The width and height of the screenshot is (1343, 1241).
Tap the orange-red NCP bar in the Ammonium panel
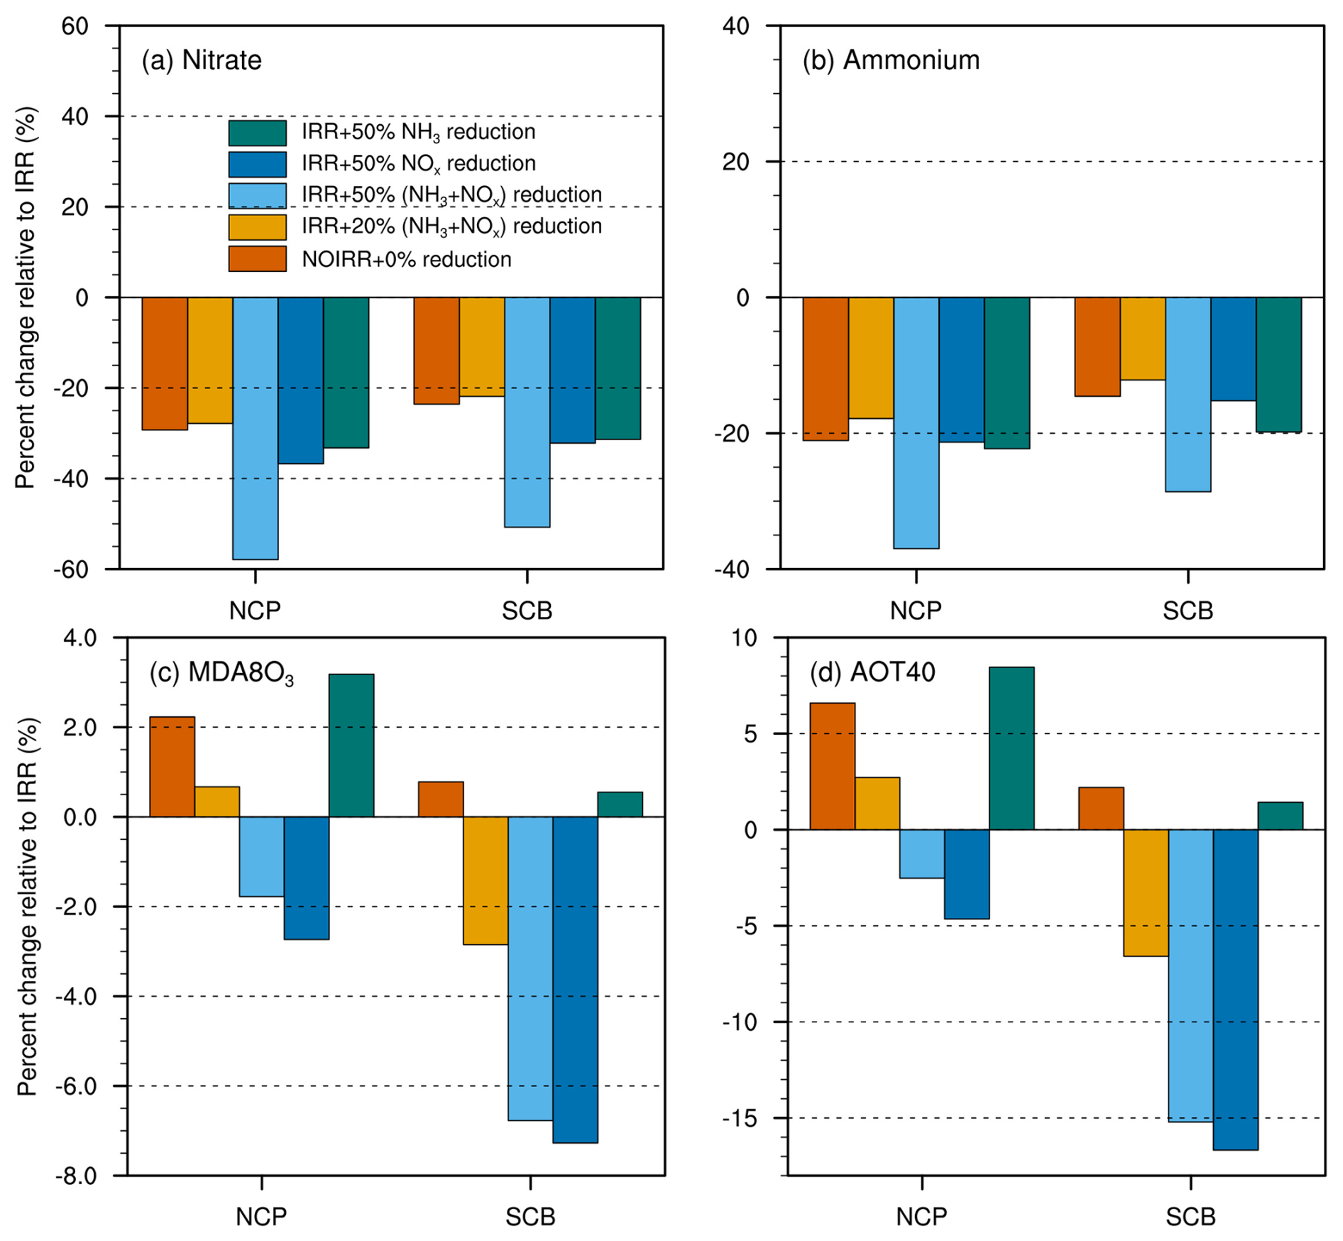pyautogui.click(x=825, y=368)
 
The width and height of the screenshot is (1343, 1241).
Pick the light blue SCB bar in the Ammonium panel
pyautogui.click(x=1188, y=394)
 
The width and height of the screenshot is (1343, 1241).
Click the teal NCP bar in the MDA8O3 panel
pyautogui.click(x=351, y=745)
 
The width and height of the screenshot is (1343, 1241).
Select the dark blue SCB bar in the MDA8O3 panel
pyautogui.click(x=575, y=979)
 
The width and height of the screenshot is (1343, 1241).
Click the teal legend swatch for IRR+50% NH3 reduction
pyautogui.click(x=257, y=133)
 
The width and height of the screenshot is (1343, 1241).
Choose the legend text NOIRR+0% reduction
pyautogui.click(x=406, y=259)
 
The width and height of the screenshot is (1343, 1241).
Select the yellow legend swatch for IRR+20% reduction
pyautogui.click(x=257, y=227)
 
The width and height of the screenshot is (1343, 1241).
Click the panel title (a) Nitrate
pyautogui.click(x=201, y=60)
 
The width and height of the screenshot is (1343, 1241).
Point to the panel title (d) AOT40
pyautogui.click(x=872, y=672)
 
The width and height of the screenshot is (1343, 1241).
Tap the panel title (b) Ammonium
pyautogui.click(x=890, y=60)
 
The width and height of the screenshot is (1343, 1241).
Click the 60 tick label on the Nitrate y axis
pyautogui.click(x=75, y=26)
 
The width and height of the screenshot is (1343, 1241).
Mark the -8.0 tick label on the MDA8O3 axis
pyautogui.click(x=77, y=1176)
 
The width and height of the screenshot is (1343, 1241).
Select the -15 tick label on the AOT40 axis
pyautogui.click(x=740, y=1118)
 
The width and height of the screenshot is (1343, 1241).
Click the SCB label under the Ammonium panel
pyautogui.click(x=1188, y=611)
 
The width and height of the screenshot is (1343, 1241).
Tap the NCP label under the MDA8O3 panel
pyautogui.click(x=261, y=1217)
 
